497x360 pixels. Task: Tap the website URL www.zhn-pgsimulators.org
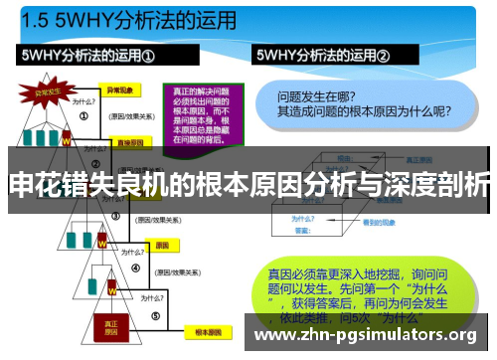(x=367, y=335)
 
